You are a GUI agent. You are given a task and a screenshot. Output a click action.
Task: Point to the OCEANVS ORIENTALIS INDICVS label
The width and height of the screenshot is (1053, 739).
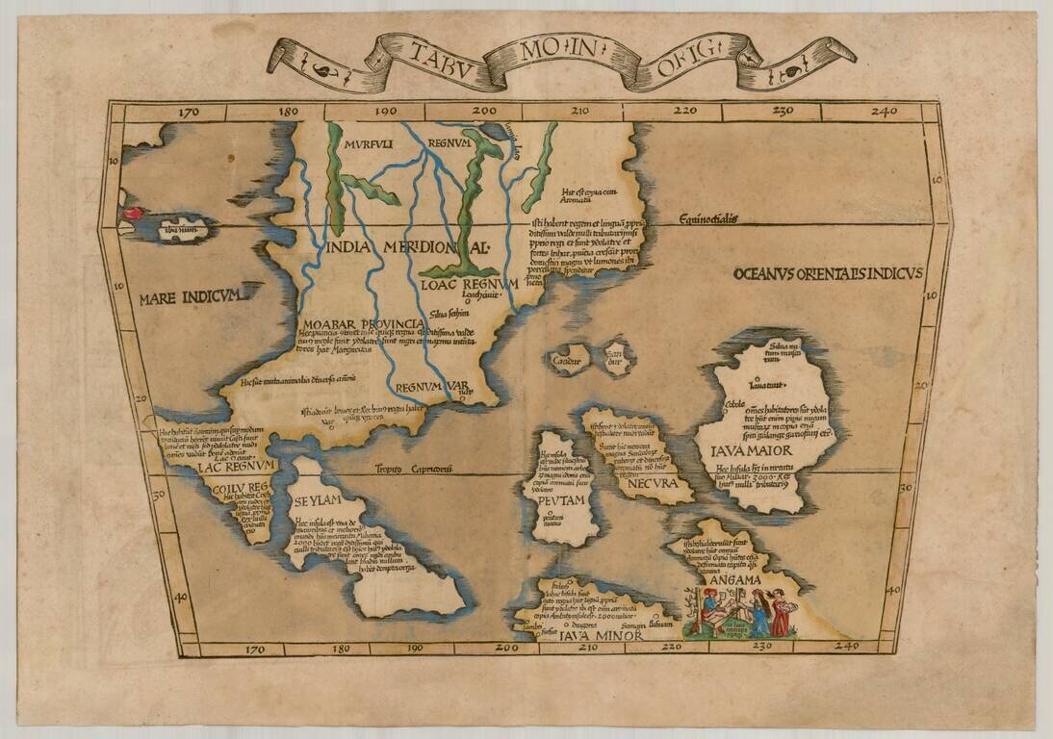point(827,273)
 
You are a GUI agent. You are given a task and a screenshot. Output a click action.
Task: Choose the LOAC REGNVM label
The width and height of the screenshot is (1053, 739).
point(469,284)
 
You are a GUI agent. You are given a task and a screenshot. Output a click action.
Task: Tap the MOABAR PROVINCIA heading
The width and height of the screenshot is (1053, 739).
point(362,320)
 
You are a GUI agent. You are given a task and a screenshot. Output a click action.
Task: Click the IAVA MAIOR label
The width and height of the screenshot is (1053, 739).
point(751,450)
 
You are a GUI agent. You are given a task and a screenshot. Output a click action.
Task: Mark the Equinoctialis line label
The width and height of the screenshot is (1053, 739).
point(706,219)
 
